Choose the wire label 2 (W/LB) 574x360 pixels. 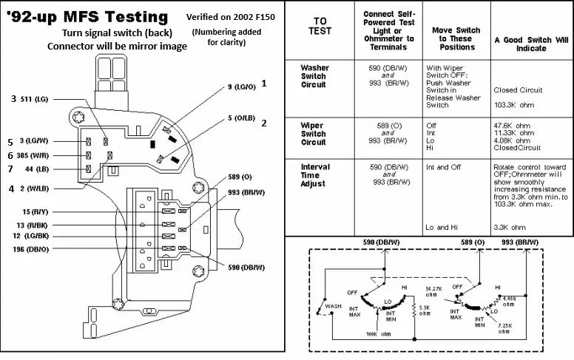(37, 189)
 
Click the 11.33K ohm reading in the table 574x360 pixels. (513, 133)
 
